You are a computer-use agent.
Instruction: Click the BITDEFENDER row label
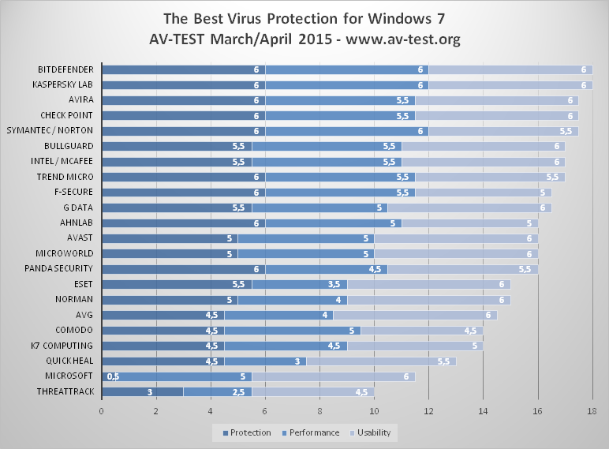65,69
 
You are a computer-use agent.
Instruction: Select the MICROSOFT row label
70,376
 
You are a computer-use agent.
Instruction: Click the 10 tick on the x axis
374,411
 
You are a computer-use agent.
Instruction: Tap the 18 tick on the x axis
592,411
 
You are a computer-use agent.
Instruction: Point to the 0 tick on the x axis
102,411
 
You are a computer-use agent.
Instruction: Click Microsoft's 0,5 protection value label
113,376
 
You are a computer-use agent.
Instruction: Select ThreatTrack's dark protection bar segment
142,391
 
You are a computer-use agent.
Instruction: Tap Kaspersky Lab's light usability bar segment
510,84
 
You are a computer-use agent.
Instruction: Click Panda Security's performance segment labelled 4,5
327,268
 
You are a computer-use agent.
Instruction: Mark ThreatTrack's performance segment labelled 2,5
218,391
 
